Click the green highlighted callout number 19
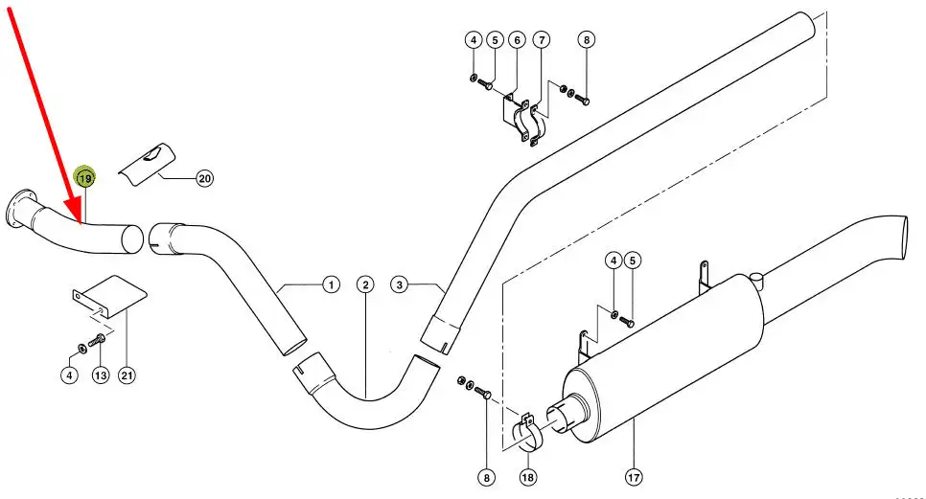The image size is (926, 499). [84, 177]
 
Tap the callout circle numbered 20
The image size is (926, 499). [204, 178]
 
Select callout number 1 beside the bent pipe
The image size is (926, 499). [332, 284]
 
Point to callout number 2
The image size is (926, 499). [365, 284]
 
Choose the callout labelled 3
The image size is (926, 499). [400, 284]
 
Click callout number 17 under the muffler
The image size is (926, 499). [633, 477]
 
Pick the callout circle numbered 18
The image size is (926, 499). [528, 477]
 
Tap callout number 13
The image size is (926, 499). [101, 374]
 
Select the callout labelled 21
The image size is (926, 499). [127, 374]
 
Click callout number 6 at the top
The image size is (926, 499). [517, 40]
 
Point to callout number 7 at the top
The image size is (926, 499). [542, 40]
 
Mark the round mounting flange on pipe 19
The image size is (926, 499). [17, 210]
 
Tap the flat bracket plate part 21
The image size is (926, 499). [111, 297]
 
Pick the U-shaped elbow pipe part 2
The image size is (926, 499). [366, 401]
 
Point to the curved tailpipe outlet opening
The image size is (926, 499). [904, 238]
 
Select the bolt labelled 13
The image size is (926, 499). [96, 340]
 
